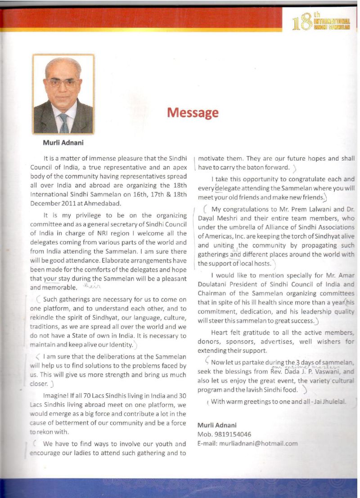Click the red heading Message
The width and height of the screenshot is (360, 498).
coord(193,112)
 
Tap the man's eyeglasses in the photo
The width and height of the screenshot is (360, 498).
coord(63,83)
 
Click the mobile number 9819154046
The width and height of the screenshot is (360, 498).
coord(229,434)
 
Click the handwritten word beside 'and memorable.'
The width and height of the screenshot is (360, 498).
coord(91,286)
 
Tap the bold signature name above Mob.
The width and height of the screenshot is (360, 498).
coord(217,425)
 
